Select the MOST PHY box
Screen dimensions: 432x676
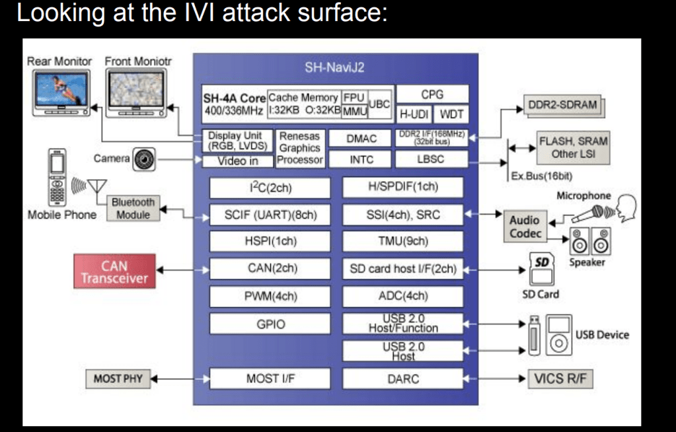coord(114,379)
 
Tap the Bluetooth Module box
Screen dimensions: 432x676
coord(133,208)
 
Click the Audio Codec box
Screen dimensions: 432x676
coord(525,227)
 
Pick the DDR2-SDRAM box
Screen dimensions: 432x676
coord(562,105)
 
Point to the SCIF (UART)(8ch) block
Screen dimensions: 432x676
coord(269,215)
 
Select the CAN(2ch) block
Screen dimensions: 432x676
coord(269,268)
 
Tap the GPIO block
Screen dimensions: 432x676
coord(269,324)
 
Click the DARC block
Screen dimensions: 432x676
coord(402,379)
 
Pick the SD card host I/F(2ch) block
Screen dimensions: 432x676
coord(402,269)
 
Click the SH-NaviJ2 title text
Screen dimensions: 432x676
coord(335,67)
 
